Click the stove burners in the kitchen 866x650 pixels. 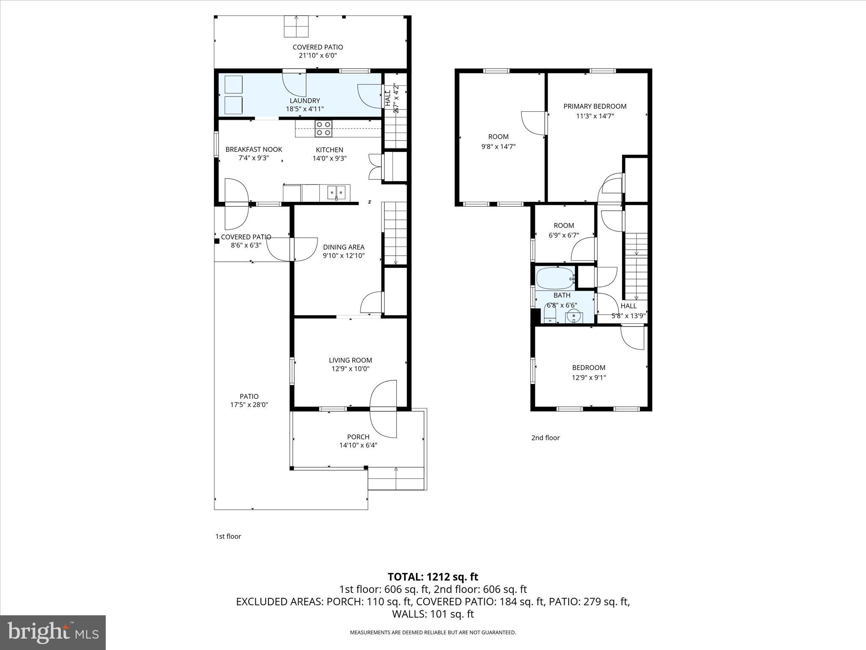point(323,129)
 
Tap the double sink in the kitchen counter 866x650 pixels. point(336,193)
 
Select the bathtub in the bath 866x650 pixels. point(555,278)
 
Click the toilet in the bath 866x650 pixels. point(550,314)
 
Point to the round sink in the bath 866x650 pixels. point(573,315)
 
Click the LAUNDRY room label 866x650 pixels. point(304,101)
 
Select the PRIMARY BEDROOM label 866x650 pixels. point(595,106)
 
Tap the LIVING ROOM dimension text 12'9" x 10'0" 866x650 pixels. point(350,369)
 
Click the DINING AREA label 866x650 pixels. point(343,247)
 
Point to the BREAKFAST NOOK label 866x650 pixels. point(253,149)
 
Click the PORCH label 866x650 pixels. point(358,437)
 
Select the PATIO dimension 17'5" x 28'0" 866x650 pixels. point(249,405)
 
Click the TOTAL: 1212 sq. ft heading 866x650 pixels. point(433,576)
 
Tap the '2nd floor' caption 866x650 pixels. point(545,438)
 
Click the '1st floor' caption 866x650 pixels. point(228,536)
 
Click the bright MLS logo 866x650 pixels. point(53,632)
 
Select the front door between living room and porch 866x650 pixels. point(384,409)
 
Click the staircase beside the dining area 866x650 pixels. point(395,234)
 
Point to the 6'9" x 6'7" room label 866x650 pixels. point(563,235)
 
